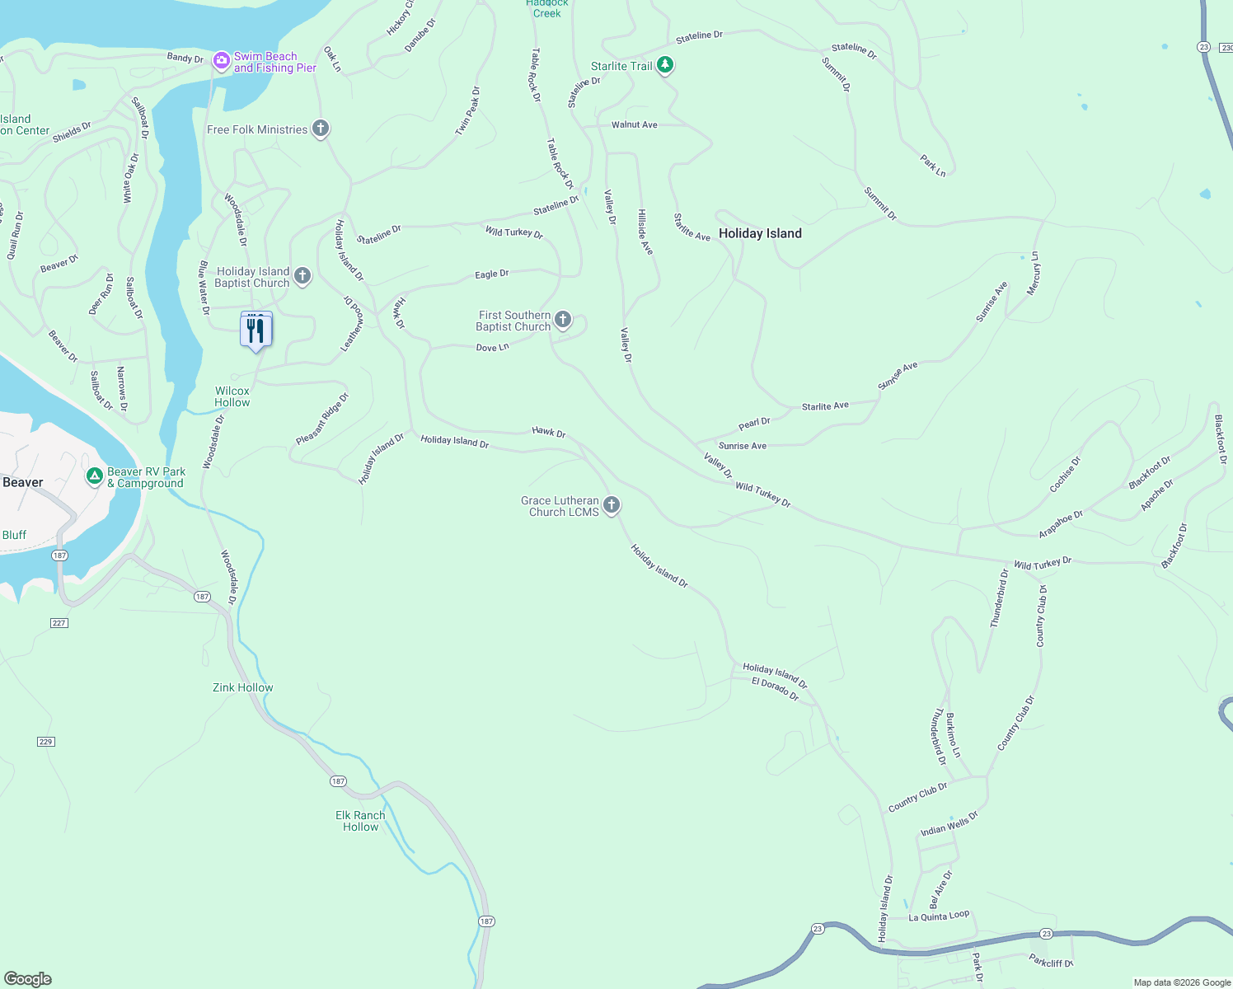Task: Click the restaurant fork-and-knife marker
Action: click(x=256, y=330)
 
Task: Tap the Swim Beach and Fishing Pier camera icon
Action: click(x=221, y=60)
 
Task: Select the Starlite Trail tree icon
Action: click(x=665, y=65)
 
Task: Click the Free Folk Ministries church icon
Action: click(x=321, y=129)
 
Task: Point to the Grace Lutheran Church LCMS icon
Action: click(x=611, y=504)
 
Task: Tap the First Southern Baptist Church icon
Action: click(x=563, y=319)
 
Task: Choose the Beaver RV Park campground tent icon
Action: click(x=95, y=476)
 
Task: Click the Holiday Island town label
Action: click(x=760, y=233)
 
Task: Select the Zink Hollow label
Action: click(x=242, y=687)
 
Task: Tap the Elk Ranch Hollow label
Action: click(x=360, y=821)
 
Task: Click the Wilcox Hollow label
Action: click(x=232, y=396)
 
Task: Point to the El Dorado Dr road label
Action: click(x=776, y=689)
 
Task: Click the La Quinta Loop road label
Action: click(x=939, y=916)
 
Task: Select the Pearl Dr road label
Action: click(x=754, y=424)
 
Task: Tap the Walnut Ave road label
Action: click(x=634, y=124)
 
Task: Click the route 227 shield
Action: click(x=59, y=623)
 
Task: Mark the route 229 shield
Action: click(x=45, y=742)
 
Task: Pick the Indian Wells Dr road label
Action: click(x=949, y=823)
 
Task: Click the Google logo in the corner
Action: click(x=27, y=978)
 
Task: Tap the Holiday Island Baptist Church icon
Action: click(x=302, y=275)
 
